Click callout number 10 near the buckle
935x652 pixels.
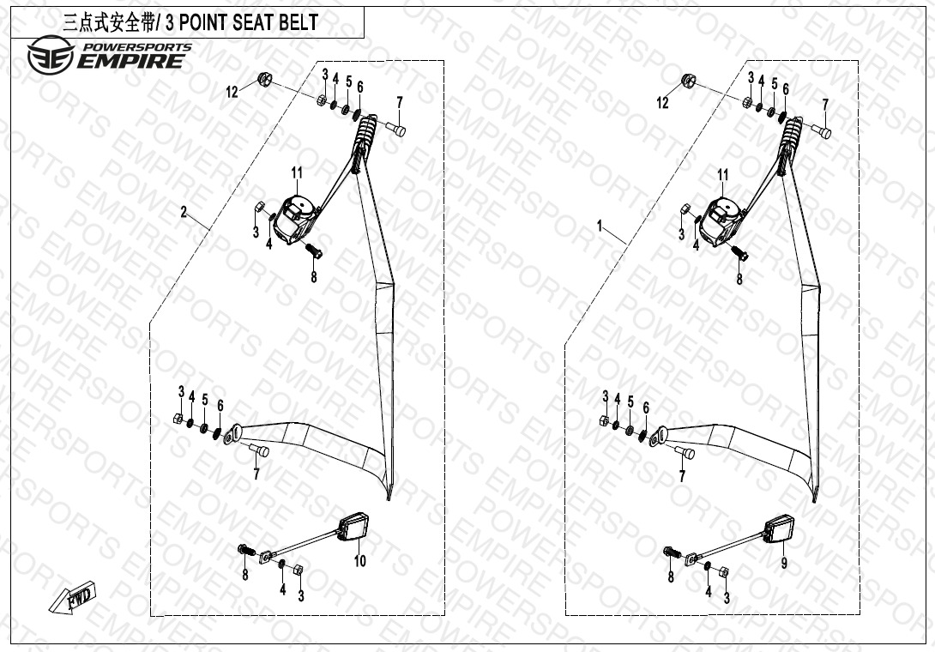pyautogui.click(x=359, y=561)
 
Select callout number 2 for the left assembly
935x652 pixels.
pyautogui.click(x=184, y=213)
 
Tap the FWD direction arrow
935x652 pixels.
pyautogui.click(x=75, y=598)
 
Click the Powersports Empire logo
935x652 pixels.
pyautogui.click(x=107, y=56)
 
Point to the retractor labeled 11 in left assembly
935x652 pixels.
pyautogui.click(x=295, y=218)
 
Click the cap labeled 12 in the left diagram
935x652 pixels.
pyautogui.click(x=263, y=81)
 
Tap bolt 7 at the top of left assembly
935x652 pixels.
pyautogui.click(x=397, y=129)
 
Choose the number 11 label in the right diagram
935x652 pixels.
pyautogui.click(x=722, y=175)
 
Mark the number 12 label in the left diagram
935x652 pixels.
pyautogui.click(x=232, y=93)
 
